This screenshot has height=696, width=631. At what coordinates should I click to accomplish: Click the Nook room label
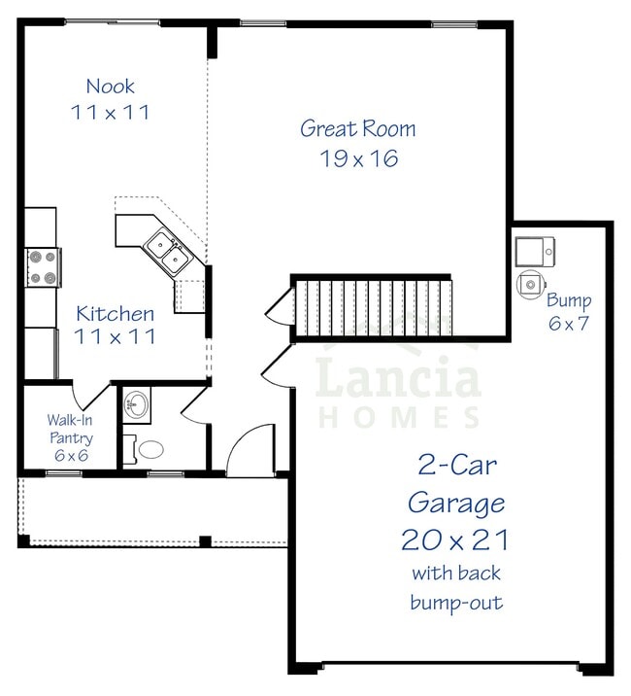[110, 87]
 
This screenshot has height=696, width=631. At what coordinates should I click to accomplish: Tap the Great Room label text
[357, 128]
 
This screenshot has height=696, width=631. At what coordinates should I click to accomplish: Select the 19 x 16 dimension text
[359, 158]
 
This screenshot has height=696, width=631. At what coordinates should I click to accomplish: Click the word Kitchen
[115, 314]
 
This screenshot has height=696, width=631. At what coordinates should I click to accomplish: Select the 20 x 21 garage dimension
[455, 539]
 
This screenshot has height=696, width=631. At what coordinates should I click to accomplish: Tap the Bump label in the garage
[568, 300]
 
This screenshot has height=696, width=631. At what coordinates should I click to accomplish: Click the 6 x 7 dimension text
[568, 324]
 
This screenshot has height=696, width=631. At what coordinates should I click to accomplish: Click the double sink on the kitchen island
[166, 253]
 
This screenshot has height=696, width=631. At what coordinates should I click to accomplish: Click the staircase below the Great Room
[374, 307]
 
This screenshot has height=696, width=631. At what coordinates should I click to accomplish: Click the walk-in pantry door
[97, 395]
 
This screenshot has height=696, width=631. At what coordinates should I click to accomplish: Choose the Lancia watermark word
[399, 379]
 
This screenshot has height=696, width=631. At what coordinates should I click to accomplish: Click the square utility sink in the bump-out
[534, 251]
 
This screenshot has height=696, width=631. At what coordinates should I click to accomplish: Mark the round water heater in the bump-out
[530, 284]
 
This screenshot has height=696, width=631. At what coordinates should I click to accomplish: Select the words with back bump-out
[456, 587]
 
